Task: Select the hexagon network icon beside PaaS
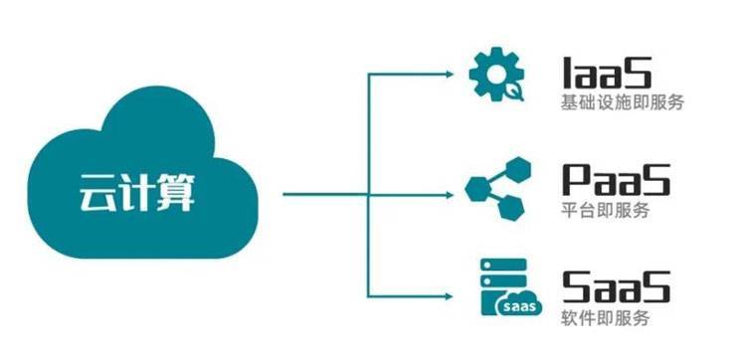494,186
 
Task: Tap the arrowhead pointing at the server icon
453,295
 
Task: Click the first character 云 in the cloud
97,192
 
